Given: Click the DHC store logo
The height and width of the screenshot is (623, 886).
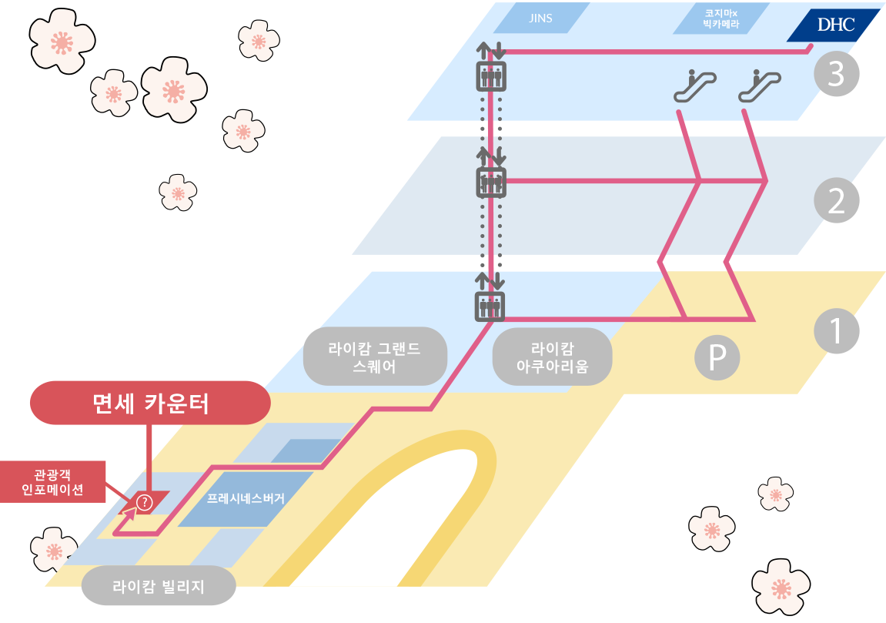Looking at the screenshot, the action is click(x=836, y=25).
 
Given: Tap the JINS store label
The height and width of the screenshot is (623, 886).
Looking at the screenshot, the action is click(x=540, y=18).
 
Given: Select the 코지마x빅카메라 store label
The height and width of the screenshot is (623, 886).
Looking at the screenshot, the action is click(x=721, y=18).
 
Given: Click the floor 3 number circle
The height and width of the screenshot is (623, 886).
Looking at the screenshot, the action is click(x=836, y=73).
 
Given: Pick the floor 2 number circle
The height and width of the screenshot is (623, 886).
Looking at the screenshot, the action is click(x=836, y=200).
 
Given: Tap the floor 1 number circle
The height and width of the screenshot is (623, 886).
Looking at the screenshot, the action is click(x=836, y=330).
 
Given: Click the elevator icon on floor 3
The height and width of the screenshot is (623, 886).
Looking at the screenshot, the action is click(x=491, y=76).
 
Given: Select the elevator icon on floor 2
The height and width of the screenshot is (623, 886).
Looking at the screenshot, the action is click(x=491, y=182).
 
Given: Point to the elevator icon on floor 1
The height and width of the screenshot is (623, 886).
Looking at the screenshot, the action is click(x=490, y=306).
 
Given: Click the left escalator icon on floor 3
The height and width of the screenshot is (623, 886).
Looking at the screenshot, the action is click(x=695, y=85).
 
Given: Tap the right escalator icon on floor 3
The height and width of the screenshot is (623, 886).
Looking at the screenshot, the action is click(x=760, y=85).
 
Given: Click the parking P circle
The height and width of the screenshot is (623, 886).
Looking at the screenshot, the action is click(x=717, y=357).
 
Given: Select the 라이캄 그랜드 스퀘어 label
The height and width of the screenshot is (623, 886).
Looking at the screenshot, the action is click(x=375, y=357).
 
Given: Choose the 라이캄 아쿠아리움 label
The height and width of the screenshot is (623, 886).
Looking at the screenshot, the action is click(x=553, y=357).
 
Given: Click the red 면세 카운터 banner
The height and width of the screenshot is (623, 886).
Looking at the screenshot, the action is click(x=150, y=403).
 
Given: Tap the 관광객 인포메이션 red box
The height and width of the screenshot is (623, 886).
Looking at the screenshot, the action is click(x=52, y=481).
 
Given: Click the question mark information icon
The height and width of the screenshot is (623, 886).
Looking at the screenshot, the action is click(x=145, y=502).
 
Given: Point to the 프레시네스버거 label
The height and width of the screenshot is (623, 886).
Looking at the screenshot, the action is click(x=246, y=498).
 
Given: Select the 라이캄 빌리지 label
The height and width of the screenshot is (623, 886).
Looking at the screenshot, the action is click(x=159, y=586).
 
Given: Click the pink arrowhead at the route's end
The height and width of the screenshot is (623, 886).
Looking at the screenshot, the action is click(x=131, y=513).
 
